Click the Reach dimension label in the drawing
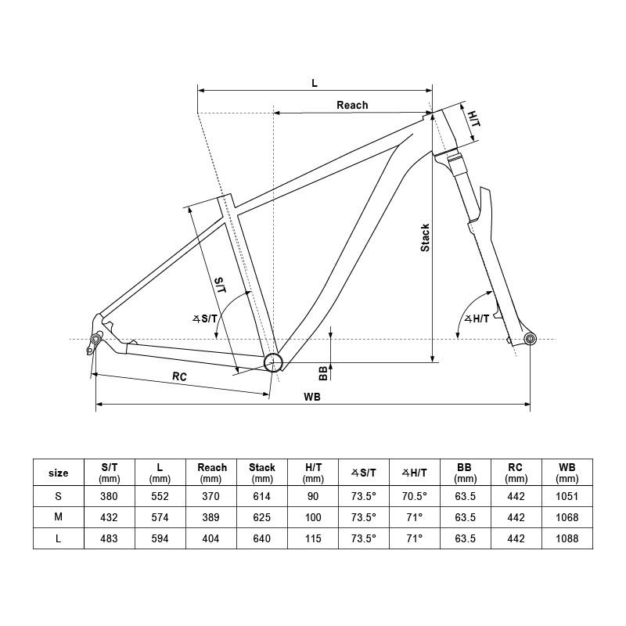pos(352,105)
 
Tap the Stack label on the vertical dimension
pos(426,238)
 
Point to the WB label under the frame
pos(311,397)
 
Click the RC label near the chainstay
pos(179,377)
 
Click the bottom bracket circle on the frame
pos(272,361)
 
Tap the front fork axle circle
pos(530,338)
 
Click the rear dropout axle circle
pos(96,338)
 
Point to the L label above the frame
pos(315,82)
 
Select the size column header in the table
pos(59,473)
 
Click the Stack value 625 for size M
pos(262,517)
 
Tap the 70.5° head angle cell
pos(414,496)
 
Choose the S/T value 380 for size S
pos(110,496)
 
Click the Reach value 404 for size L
pos(211,539)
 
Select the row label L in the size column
pos(59,539)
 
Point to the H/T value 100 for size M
pos(313,517)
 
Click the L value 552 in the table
pos(160,496)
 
